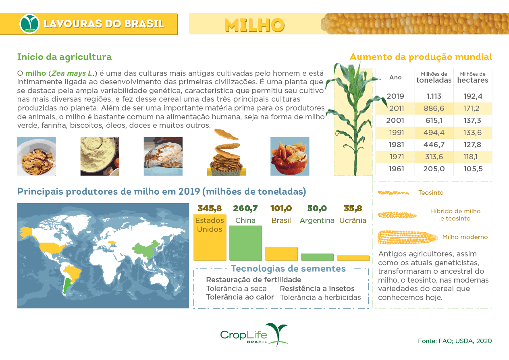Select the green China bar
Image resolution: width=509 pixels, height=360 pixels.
click(245, 243)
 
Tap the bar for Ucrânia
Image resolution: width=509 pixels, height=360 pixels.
click(353, 258)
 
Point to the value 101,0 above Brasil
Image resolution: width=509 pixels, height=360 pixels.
click(281, 208)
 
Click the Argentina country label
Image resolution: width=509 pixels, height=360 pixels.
click(317, 221)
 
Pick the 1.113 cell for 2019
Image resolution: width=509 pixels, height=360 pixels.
click(434, 96)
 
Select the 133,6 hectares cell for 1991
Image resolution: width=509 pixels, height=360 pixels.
click(473, 133)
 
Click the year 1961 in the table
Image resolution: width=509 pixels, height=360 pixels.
click(396, 169)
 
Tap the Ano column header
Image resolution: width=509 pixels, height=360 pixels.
click(395, 77)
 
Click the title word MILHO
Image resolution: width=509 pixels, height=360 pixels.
click(255, 25)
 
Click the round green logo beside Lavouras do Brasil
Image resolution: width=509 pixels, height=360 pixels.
click(29, 24)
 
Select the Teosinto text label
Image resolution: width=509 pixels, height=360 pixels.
click(431, 193)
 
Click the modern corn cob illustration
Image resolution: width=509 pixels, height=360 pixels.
click(407, 237)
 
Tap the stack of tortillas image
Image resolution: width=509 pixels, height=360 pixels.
click(226, 155)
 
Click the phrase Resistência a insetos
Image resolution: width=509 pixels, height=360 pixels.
click(317, 289)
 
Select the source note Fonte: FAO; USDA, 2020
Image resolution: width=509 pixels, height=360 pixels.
click(455, 341)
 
